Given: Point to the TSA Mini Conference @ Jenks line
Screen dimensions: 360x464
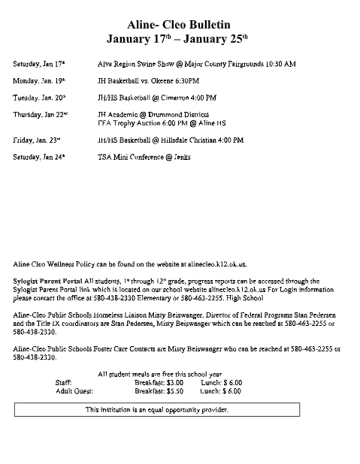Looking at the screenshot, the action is pyautogui.click(x=149, y=156).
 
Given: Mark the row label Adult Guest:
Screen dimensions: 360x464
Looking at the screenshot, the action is pyautogui.click(x=74, y=391).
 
